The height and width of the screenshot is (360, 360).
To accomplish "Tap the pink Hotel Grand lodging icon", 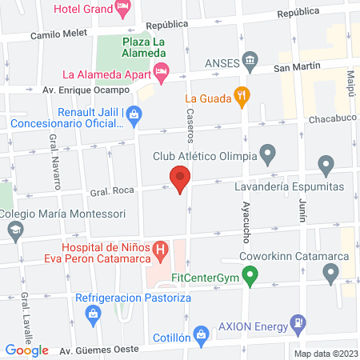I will [122, 10].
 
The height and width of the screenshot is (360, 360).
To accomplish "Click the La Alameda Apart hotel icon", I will [161, 74].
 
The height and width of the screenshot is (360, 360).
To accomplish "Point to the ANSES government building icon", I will [250, 61].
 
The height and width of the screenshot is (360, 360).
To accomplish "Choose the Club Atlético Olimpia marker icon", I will [268, 151].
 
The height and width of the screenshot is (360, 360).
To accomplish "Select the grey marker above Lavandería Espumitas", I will [326, 166].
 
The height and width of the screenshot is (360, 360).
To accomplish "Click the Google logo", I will [27, 350].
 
